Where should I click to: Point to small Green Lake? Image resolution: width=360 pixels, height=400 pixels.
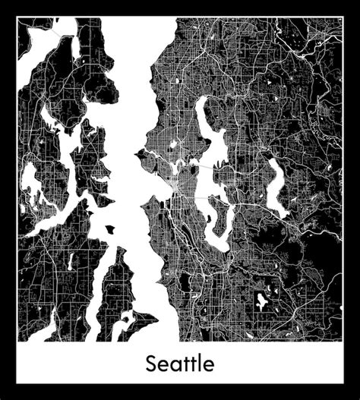[173, 143]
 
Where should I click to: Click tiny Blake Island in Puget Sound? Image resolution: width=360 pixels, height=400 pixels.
[110, 228]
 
